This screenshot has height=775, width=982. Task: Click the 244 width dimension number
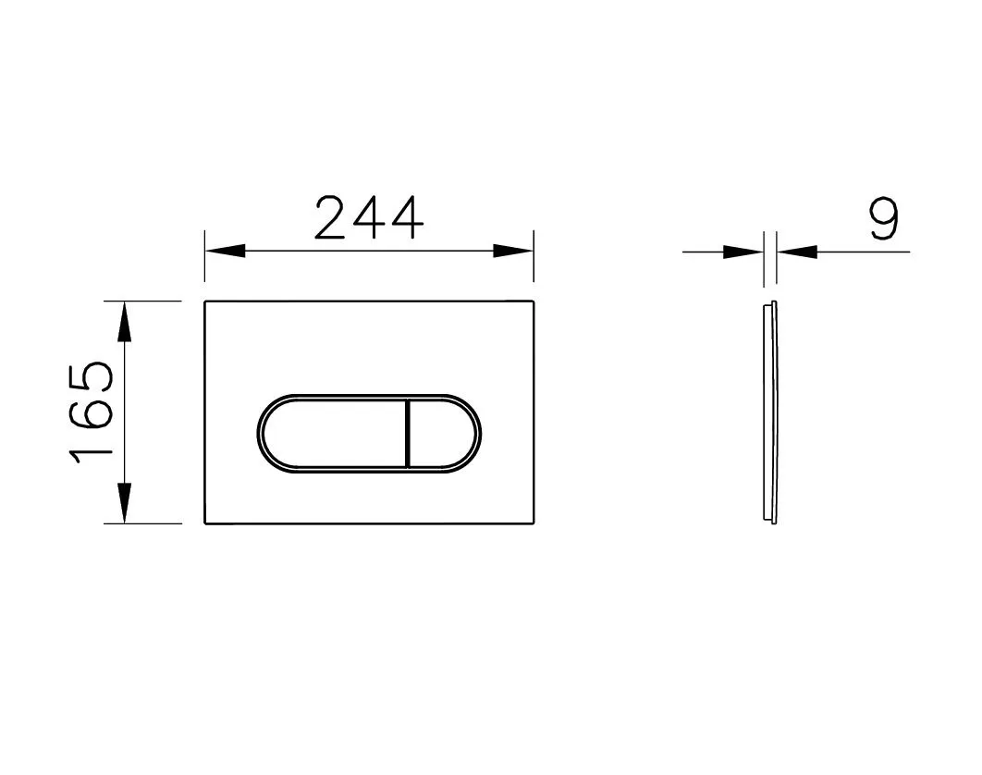pyautogui.click(x=368, y=218)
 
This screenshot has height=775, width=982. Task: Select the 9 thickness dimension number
pyautogui.click(x=884, y=220)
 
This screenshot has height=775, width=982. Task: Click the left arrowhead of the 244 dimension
pyautogui.click(x=225, y=251)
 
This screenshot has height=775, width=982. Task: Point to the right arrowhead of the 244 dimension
pyautogui.click(x=513, y=251)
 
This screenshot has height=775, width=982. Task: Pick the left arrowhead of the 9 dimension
pyautogui.click(x=743, y=251)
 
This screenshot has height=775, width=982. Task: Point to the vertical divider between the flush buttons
pyautogui.click(x=407, y=433)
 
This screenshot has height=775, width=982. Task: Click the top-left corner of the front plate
pyautogui.click(x=205, y=301)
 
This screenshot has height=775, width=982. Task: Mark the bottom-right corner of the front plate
pyautogui.click(x=534, y=523)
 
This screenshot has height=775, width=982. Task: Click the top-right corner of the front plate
pyautogui.click(x=534, y=301)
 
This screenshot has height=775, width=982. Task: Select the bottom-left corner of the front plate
pyautogui.click(x=205, y=523)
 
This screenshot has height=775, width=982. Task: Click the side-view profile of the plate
pyautogui.click(x=769, y=412)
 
